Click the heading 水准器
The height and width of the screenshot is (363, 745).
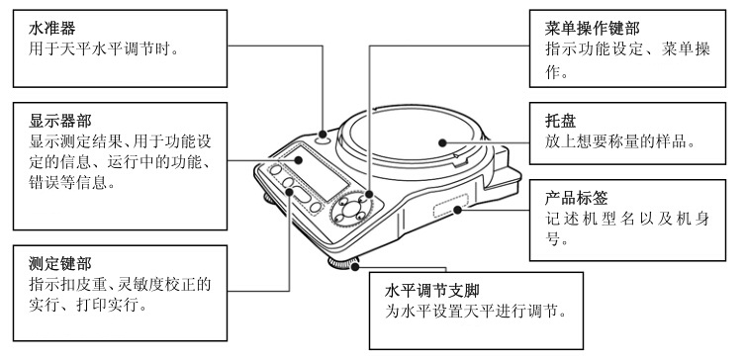click(52, 29)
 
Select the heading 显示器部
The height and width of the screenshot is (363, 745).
click(60, 121)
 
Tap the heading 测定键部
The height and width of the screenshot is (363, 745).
click(60, 263)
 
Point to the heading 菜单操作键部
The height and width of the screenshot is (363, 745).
click(593, 29)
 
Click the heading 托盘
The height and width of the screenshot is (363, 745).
click(561, 121)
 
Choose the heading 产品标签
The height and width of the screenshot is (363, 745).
click(577, 198)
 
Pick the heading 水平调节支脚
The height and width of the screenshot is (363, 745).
click(432, 291)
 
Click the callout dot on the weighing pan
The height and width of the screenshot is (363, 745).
click(442, 142)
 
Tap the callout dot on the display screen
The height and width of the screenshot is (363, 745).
click(299, 160)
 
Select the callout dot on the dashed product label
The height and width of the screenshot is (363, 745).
click(457, 210)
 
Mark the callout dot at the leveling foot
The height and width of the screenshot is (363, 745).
click(354, 266)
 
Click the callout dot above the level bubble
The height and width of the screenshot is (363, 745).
click(324, 135)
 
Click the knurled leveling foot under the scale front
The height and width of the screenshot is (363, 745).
click(342, 263)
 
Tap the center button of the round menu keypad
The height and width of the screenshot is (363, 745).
click(350, 207)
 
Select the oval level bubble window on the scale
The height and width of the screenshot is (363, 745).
click(323, 140)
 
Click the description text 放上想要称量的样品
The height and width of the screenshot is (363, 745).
click(620, 141)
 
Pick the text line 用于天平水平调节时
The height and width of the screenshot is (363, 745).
click(104, 48)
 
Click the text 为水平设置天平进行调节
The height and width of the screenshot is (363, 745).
click(476, 312)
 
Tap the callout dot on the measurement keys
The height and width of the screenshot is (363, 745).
click(289, 192)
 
